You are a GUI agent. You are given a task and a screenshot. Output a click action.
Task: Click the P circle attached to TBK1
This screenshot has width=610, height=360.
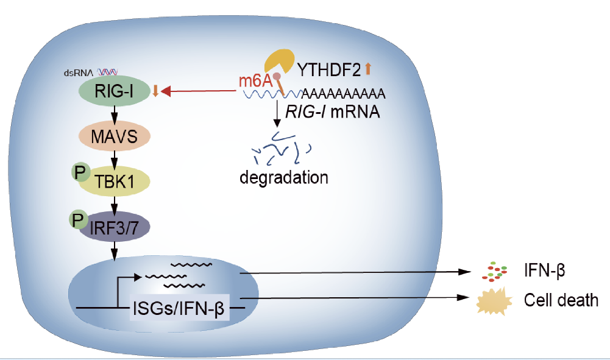coord(80,173)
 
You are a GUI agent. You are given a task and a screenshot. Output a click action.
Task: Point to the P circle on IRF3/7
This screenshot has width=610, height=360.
coord(79,219)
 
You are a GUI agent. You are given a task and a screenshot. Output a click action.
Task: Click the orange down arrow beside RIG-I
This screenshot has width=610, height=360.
coord(156,91)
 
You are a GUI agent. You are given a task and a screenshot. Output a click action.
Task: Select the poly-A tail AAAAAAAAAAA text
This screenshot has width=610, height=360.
coord(344,93)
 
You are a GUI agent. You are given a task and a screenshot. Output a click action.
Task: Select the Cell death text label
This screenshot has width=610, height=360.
coord(561,300)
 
